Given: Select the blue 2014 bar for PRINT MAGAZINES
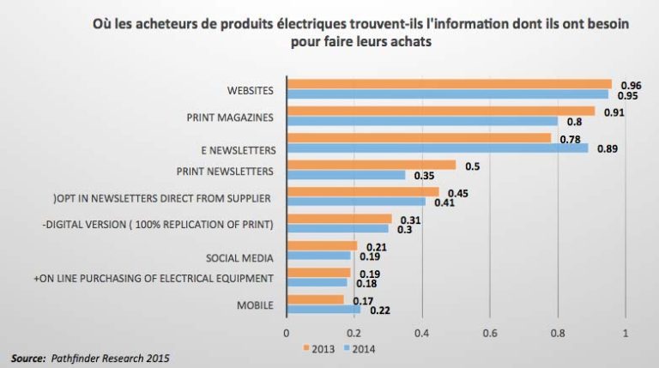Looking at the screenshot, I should [x=421, y=121].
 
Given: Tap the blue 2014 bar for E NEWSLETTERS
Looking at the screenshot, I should [x=437, y=148].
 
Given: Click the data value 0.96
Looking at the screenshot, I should [x=632, y=84].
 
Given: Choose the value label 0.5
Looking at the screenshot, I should [x=471, y=165].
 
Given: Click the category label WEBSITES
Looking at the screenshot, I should [x=251, y=89].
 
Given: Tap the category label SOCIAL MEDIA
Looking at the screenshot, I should [x=239, y=257].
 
